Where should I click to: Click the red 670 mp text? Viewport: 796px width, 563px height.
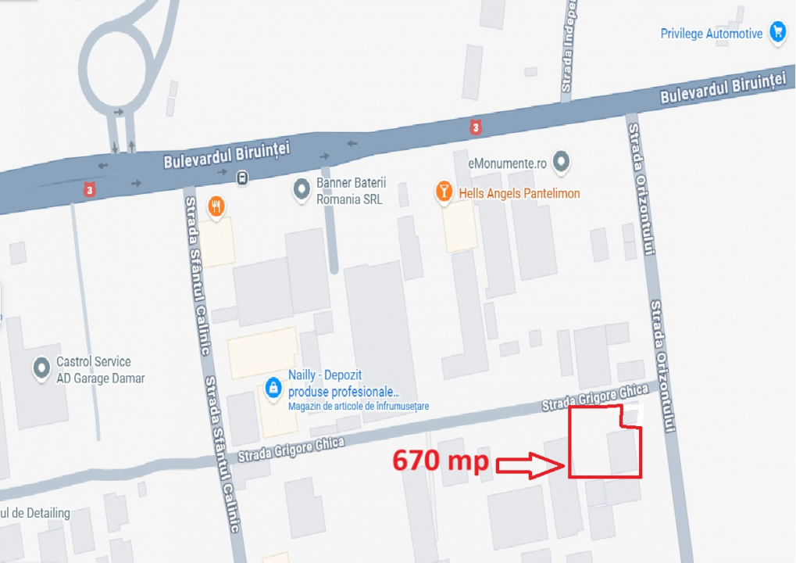click(x=440, y=461)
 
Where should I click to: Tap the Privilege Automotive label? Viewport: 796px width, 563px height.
click(x=711, y=34)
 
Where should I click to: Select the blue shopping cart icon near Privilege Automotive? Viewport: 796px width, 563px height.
click(x=777, y=32)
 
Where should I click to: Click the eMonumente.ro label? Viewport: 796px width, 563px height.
click(x=507, y=163)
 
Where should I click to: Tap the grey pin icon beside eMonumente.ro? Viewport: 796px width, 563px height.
click(x=560, y=163)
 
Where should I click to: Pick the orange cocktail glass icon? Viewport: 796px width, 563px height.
click(x=444, y=192)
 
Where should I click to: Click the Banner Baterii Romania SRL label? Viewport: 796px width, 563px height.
click(x=349, y=191)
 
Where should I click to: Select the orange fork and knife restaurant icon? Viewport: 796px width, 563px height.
click(x=216, y=206)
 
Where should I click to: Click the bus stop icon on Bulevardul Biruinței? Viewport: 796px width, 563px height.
click(x=242, y=177)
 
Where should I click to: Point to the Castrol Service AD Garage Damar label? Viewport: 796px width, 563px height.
click(x=100, y=370)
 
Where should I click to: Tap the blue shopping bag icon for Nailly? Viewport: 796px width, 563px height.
click(x=273, y=387)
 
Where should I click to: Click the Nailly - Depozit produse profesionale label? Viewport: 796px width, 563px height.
click(x=344, y=383)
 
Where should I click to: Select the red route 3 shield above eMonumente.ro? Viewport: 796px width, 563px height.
click(x=476, y=126)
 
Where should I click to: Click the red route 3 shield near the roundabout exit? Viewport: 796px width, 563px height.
click(x=91, y=191)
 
